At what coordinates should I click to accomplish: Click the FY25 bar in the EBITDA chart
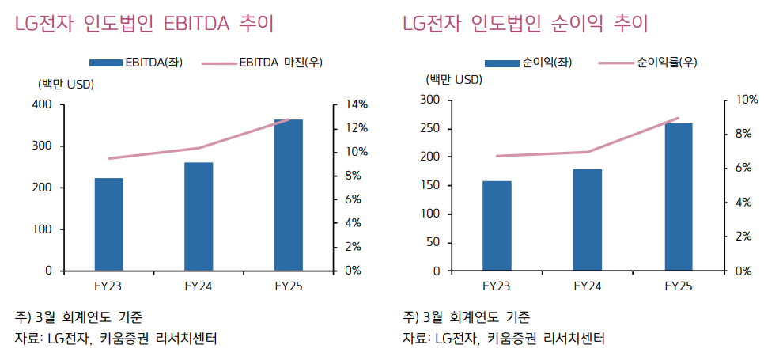[x=289, y=195]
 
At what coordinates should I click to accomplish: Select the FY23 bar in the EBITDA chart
[x=109, y=225]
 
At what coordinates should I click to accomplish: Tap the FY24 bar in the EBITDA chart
[x=199, y=217]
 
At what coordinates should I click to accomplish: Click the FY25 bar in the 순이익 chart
[x=678, y=197]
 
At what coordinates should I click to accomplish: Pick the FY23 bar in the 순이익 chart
[x=497, y=226]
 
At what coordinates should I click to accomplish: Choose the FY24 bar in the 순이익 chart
[x=588, y=220]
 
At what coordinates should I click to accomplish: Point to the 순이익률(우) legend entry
[x=648, y=62]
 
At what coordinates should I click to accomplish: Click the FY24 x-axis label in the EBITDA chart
[x=199, y=285]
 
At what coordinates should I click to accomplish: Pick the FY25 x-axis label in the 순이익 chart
[x=678, y=285]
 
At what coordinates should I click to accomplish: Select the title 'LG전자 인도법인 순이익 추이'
[x=525, y=24]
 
